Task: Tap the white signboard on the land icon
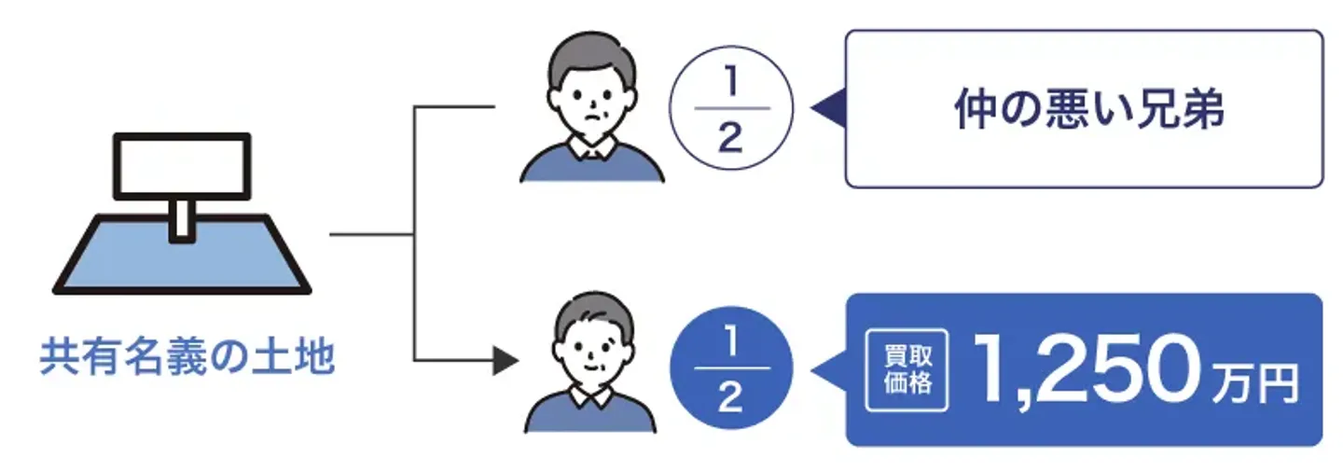point(182,166)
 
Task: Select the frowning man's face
point(590,103)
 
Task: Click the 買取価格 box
point(907,372)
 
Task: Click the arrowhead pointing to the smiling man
point(505,360)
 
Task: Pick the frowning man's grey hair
point(590,54)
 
